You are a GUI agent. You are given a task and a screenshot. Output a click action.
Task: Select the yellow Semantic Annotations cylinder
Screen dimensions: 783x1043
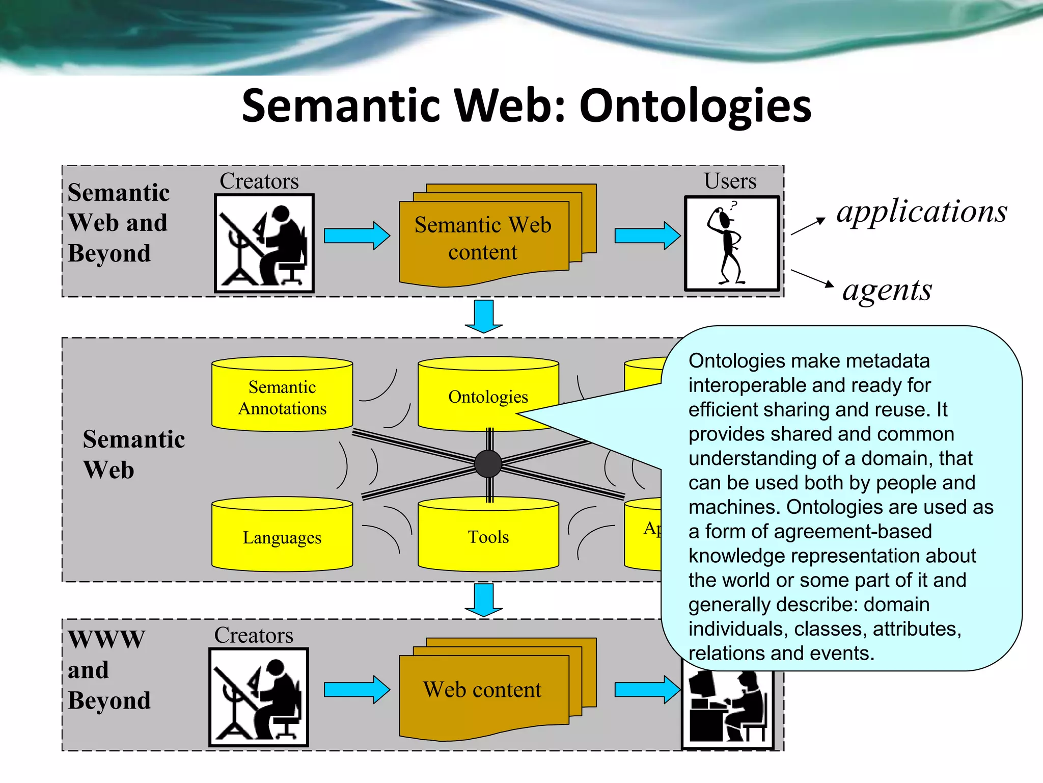(282, 398)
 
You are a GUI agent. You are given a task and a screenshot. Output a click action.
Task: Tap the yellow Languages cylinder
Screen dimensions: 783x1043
(282, 537)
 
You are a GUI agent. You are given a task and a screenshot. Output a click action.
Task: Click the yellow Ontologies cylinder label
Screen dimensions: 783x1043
(487, 397)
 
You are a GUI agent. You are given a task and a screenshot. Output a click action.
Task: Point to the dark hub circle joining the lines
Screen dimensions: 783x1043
(488, 464)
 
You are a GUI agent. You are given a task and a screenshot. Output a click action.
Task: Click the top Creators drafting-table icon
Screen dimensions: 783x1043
(264, 244)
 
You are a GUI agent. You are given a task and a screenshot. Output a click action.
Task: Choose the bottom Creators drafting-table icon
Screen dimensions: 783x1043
(259, 697)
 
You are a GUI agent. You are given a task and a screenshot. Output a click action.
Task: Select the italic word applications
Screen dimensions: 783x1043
(921, 212)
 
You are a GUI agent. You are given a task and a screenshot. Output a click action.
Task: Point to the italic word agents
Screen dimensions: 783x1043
(887, 290)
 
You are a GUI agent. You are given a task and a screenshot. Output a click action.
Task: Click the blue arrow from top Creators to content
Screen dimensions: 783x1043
(356, 236)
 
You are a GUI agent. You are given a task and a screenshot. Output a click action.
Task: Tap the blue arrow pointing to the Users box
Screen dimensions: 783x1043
(647, 236)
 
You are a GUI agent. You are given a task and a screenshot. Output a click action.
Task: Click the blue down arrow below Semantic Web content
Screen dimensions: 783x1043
(483, 316)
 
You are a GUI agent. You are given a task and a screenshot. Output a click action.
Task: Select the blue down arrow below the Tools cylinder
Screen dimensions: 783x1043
(483, 599)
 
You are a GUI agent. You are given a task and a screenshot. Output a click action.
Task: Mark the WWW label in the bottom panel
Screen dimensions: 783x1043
(107, 639)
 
